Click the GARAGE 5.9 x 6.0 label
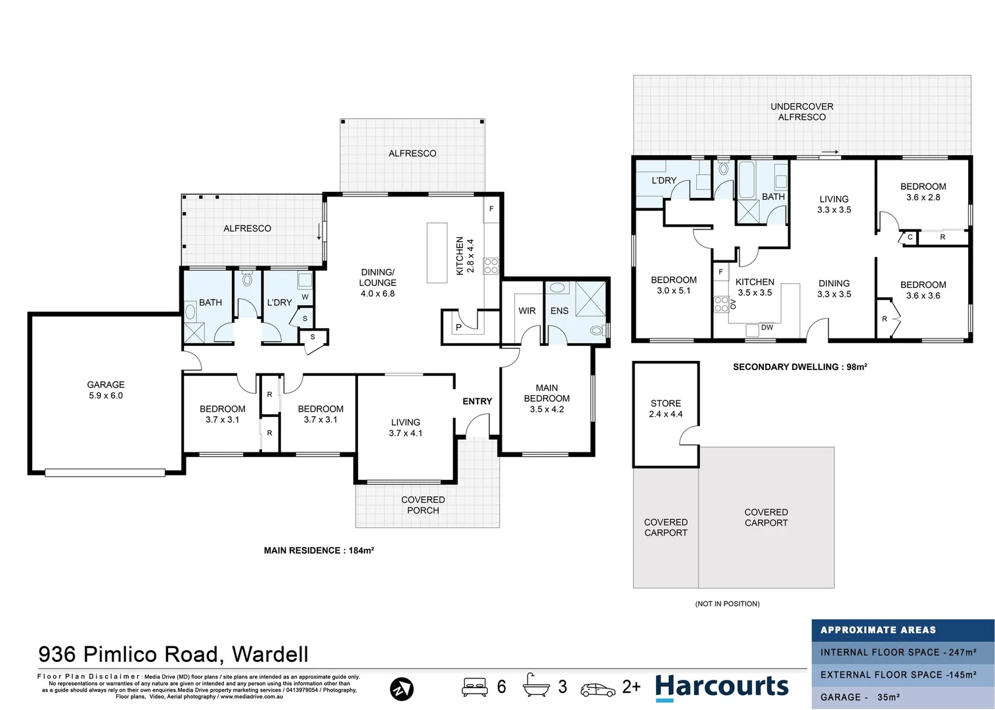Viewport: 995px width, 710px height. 106,390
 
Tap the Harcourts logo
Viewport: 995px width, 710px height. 722,687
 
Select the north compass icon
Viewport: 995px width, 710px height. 401,689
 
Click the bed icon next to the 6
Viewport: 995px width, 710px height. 474,687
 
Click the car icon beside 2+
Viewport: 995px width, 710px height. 598,689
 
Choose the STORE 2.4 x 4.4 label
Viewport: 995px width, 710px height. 665,408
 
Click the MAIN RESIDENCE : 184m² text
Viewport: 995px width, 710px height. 319,550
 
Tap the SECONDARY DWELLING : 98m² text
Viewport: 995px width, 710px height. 799,367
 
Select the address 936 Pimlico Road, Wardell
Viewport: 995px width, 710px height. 173,654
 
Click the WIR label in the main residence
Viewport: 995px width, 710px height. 527,311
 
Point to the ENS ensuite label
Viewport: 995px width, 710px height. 559,311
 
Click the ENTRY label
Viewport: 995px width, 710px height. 477,401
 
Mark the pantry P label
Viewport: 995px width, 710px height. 458,327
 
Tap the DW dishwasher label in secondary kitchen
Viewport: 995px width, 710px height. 766,327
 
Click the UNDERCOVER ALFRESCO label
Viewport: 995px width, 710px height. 801,112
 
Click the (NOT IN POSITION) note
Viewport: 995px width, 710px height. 727,603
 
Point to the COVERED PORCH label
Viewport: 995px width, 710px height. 423,505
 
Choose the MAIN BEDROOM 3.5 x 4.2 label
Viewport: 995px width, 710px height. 546,398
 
